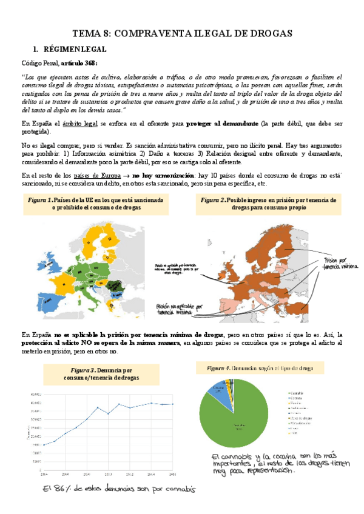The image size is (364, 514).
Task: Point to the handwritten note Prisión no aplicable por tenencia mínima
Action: [181, 309]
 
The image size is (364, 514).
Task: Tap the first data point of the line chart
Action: [44, 446]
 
